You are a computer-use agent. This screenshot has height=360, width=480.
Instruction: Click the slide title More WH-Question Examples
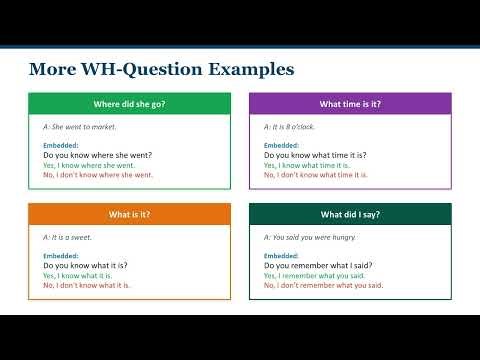(161, 69)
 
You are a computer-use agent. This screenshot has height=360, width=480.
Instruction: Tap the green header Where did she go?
(129, 104)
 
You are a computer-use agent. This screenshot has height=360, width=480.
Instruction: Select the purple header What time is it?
(350, 104)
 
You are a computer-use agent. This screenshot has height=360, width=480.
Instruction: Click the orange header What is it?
(129, 214)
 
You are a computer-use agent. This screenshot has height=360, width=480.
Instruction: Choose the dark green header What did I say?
(350, 214)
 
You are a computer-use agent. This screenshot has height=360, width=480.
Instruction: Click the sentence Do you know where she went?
(98, 156)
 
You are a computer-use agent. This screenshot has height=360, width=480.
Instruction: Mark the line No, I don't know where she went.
(98, 175)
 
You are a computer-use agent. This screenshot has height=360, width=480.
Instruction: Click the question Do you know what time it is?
(315, 156)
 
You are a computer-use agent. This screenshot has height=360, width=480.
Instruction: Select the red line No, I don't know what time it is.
(315, 175)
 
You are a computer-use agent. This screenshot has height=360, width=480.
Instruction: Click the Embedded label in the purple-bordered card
(283, 146)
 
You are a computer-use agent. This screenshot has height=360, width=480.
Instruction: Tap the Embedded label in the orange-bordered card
(62, 256)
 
